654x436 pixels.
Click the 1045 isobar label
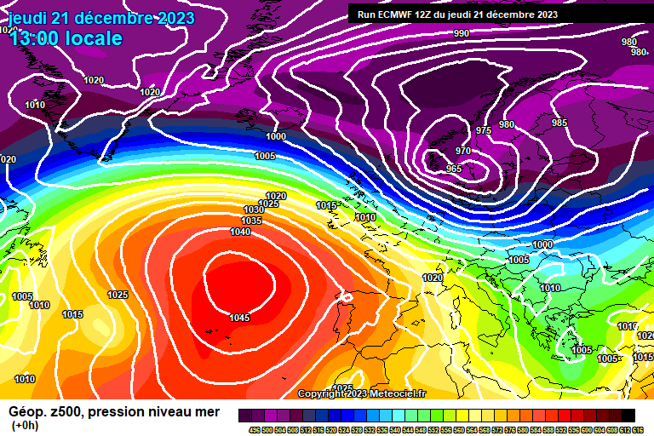point(240,318)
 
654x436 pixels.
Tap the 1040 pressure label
point(240,232)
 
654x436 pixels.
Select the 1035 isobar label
point(251,221)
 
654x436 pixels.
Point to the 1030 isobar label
point(254,209)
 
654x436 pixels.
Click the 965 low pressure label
point(455,169)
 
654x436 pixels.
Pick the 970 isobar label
point(463,151)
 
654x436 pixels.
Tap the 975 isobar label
point(484,130)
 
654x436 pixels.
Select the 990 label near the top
point(461,33)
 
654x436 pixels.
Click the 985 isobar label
point(559,123)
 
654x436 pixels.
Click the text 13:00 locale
point(66,38)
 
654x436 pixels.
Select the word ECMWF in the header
point(398,14)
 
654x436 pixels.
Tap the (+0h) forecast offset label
point(24,426)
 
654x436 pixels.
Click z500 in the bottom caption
point(66,412)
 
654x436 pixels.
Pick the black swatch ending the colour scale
point(628,415)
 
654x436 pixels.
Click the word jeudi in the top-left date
point(27,18)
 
